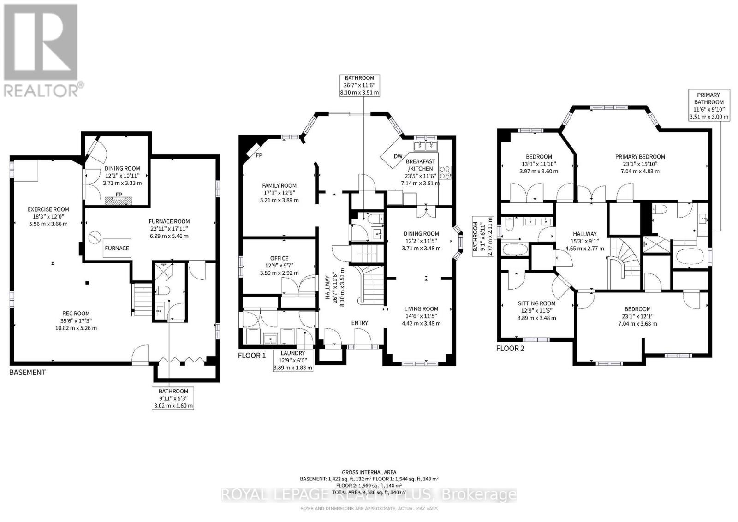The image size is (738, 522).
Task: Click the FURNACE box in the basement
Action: point(117,248)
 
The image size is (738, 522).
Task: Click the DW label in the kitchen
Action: point(398,156)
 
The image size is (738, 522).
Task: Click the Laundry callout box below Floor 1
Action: point(293,360)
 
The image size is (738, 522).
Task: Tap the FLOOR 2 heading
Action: point(510,348)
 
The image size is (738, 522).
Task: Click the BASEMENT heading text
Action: point(28,372)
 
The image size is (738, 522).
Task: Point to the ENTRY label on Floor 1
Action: point(359,323)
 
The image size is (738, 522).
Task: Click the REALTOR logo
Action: point(42,51)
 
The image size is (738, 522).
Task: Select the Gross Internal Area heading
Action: point(369,472)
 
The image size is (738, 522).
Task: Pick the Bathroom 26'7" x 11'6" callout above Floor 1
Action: point(359,85)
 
